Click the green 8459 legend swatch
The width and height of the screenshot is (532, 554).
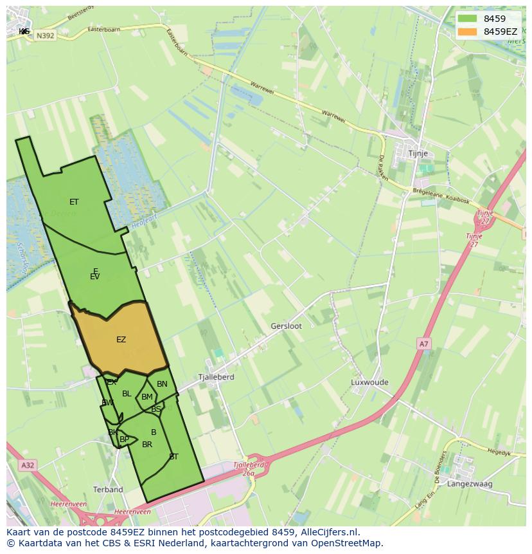tap(467, 19)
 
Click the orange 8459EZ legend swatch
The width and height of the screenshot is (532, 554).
tap(467, 32)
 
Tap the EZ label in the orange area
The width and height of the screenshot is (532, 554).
tap(121, 340)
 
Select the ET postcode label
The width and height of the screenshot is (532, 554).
tap(74, 202)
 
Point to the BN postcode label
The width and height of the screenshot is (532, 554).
tap(162, 384)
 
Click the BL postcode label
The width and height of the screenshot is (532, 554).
tap(127, 394)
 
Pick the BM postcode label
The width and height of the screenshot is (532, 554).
tap(147, 397)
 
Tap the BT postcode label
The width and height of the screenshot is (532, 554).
tap(173, 457)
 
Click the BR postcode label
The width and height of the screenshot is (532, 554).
tap(147, 445)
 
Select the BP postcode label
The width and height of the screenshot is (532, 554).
tap(124, 439)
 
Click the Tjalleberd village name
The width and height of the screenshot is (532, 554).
tap(216, 377)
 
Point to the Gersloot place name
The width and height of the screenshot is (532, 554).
tap(286, 326)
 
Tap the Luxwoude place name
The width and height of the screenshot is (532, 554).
tap(369, 382)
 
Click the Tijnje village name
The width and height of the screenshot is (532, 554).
tap(418, 154)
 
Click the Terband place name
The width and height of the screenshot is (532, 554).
tap(108, 490)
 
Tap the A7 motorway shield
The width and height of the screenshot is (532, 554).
tap(423, 344)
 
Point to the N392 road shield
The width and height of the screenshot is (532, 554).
tap(45, 36)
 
